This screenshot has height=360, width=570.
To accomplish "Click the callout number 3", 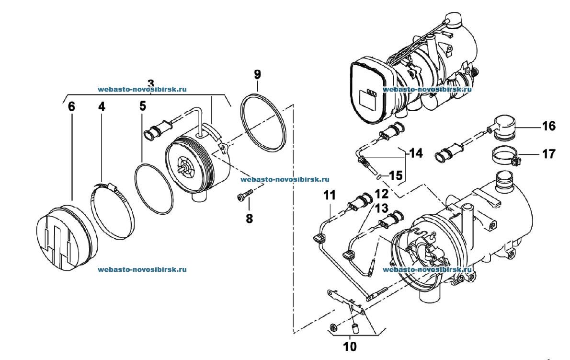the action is click(x=151, y=82).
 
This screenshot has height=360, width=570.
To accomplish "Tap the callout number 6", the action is click(x=71, y=106).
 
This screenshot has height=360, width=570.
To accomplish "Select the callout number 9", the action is click(x=257, y=75).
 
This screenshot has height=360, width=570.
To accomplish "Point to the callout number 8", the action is click(x=249, y=219).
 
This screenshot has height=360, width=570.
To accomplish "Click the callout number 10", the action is click(x=350, y=347).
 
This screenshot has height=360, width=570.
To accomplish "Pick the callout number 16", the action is click(x=549, y=126).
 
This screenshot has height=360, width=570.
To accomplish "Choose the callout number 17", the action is click(x=549, y=154).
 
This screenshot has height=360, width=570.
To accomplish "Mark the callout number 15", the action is click(x=396, y=175).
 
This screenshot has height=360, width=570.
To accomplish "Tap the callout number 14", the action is click(x=416, y=153).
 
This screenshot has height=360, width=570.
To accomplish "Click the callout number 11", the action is click(x=330, y=195).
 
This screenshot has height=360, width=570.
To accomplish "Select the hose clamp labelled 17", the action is click(x=505, y=157).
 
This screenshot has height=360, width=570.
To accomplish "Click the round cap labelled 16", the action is click(x=503, y=128).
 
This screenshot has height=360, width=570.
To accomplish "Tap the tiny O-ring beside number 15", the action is click(x=379, y=177).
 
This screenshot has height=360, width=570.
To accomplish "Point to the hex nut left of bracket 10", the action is click(x=332, y=328).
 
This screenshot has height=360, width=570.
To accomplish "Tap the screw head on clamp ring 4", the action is click(x=113, y=188).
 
